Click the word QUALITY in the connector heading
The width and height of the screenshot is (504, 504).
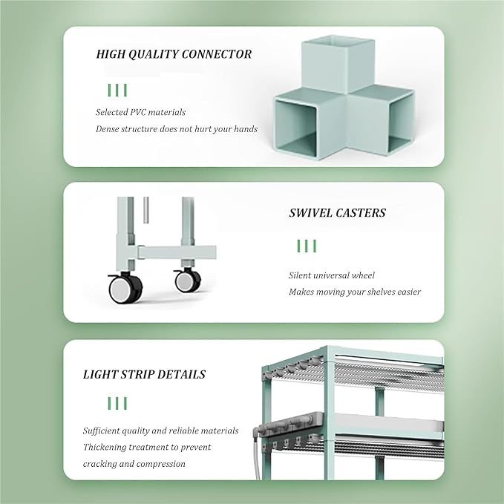click(x=154, y=54)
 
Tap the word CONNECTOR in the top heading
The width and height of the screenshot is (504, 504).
click(x=217, y=54)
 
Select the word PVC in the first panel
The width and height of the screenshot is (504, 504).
click(x=138, y=112)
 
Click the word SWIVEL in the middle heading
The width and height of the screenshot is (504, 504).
click(x=310, y=213)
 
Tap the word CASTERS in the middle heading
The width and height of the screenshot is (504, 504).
click(x=361, y=213)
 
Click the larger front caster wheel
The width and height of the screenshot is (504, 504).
click(x=124, y=288)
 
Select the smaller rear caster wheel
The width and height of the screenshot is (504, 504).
click(x=187, y=281)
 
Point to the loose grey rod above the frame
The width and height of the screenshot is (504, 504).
click(x=146, y=210)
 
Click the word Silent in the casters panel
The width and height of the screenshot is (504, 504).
click(x=300, y=275)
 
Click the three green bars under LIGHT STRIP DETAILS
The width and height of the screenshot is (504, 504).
click(x=117, y=403)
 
